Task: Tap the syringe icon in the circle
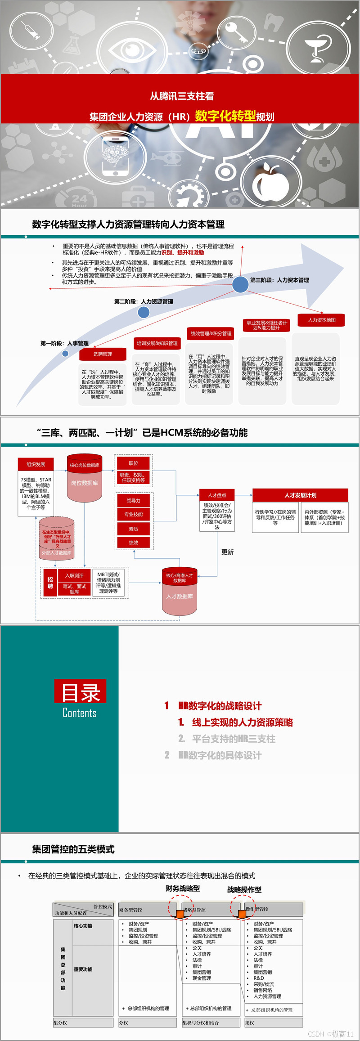pos(31,30)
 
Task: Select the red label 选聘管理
pos(103,354)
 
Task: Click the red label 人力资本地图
pos(321,320)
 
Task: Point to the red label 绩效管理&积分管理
pos(211,333)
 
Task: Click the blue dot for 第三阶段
pos(240,284)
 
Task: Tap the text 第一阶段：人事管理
pos(64,343)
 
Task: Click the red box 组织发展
pos(36,464)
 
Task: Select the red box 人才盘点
pos(217,495)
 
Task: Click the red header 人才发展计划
pos(300,495)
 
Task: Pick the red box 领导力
pos(133,501)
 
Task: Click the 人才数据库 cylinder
pos(180,596)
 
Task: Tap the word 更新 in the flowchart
pos(227,552)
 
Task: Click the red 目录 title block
pos(80,691)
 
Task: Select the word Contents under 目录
pos(80,713)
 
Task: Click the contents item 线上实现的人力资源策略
pos(242,722)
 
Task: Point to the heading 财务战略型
pos(183,888)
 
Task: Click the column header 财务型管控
pos(130,910)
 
